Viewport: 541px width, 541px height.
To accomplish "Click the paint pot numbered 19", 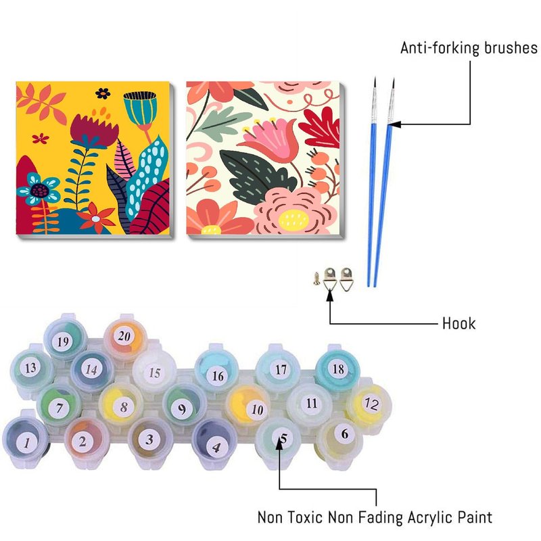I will click(64, 342).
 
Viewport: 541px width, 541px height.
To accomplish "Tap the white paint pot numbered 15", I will click(155, 373).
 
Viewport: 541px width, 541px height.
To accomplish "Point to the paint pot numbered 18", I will click(337, 369).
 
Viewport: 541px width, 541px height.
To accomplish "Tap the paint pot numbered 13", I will click(30, 369).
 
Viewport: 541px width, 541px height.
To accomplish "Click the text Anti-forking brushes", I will click(469, 49).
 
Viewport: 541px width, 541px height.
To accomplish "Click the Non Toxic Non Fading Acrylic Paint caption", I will click(375, 518).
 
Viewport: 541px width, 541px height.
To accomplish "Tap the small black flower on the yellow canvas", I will click(103, 93).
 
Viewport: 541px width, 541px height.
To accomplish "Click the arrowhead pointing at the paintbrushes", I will click(394, 124).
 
